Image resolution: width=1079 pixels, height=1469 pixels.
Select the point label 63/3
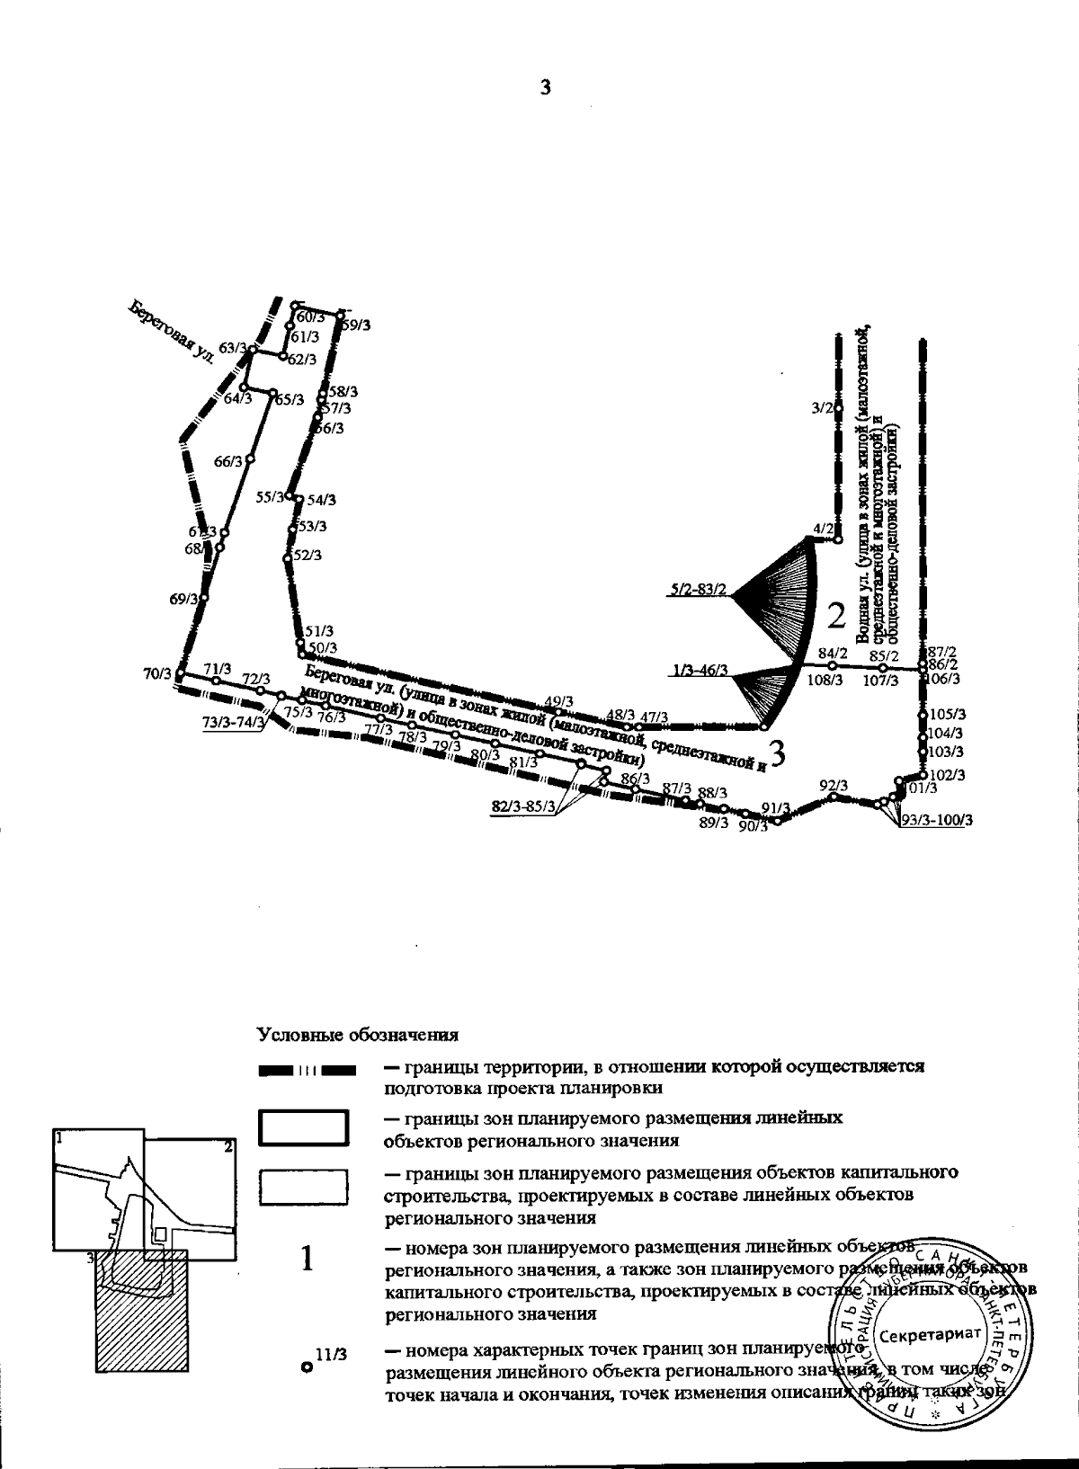click(x=233, y=347)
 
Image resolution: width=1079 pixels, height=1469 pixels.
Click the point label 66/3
click(x=228, y=461)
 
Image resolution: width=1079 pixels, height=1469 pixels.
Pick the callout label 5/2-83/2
click(x=698, y=590)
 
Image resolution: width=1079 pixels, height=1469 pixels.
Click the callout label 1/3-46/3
click(x=699, y=670)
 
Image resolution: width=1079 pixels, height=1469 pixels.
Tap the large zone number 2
click(x=836, y=617)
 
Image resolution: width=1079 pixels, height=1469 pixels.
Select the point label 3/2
click(x=821, y=408)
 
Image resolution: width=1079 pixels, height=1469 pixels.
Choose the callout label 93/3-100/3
click(x=937, y=820)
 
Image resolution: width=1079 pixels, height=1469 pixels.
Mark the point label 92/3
click(x=834, y=785)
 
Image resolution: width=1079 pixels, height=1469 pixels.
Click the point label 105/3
click(x=947, y=715)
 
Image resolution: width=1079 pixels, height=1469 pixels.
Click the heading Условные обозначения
click(x=358, y=1035)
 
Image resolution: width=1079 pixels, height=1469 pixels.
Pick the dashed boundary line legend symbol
click(x=308, y=1071)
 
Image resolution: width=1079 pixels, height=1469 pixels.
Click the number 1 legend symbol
click(x=307, y=1260)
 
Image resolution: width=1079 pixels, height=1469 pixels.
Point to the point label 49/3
click(x=560, y=700)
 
